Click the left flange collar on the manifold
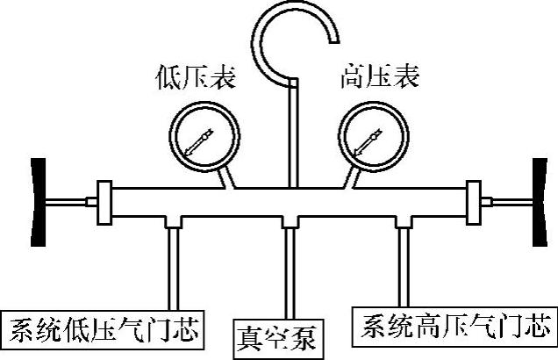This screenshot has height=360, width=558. pyautogui.click(x=105, y=203)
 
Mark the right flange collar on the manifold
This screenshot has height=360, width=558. pyautogui.click(x=475, y=203)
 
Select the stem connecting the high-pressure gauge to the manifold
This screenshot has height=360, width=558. pyautogui.click(x=348, y=177)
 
